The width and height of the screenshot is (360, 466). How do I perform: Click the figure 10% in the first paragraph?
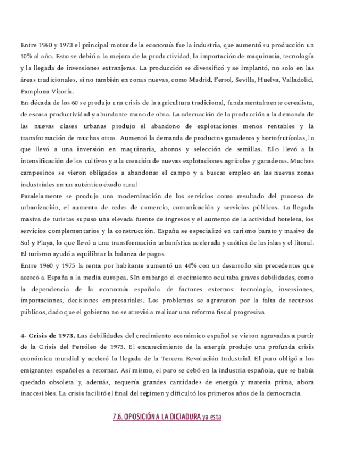[x=26, y=56]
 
